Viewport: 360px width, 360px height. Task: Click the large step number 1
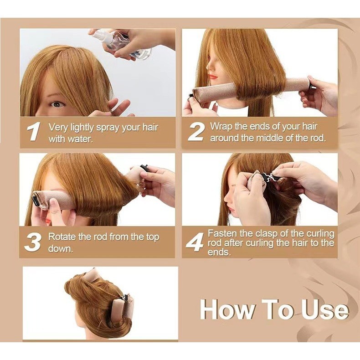[34, 131]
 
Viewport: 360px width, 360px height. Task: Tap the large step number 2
[195, 131]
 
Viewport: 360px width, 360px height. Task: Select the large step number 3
[33, 242]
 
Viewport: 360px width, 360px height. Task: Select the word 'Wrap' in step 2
[221, 127]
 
